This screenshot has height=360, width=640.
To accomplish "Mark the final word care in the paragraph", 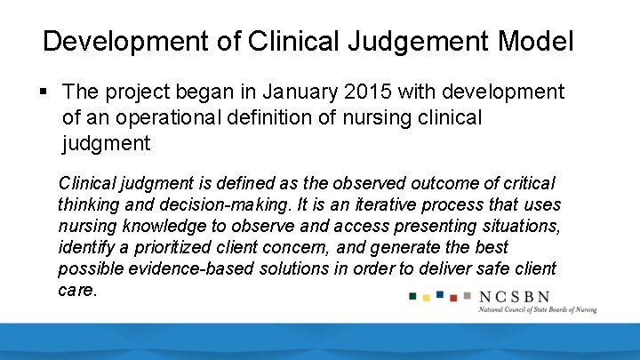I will point(76,290).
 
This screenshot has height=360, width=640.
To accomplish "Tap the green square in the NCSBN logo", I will point(413,295).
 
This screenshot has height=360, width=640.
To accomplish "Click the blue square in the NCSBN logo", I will point(440,294).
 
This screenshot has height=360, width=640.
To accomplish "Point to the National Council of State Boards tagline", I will point(538,309).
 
